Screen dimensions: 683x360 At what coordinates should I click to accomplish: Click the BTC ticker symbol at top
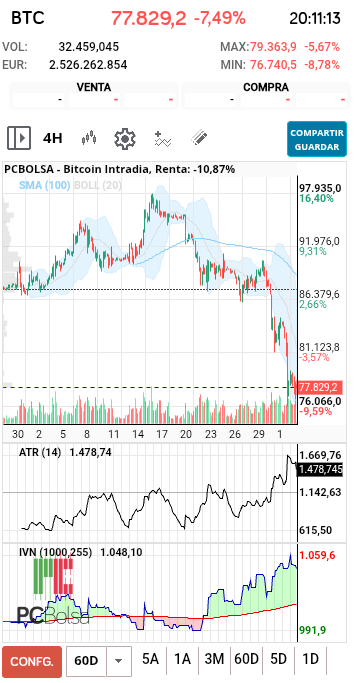point(28,17)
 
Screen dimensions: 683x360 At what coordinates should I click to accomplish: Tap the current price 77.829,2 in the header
point(148,17)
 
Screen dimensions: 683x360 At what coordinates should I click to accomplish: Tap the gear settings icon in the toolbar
point(125,138)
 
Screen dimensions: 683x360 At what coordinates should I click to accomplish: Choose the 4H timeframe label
point(53,138)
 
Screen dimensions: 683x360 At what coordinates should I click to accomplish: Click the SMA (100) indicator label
point(44,185)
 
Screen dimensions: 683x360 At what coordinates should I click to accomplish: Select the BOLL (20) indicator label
point(98,185)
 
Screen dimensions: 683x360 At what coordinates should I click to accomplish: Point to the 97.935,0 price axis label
point(320,188)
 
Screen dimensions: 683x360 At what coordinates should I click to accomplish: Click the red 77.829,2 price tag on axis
point(320,387)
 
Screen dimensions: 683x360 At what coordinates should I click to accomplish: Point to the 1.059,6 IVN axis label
point(318,555)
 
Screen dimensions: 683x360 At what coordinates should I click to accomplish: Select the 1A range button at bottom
point(182,659)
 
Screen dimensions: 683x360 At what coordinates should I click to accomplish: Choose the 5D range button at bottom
point(279,659)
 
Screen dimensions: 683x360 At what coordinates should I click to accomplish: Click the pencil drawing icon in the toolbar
point(199,138)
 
